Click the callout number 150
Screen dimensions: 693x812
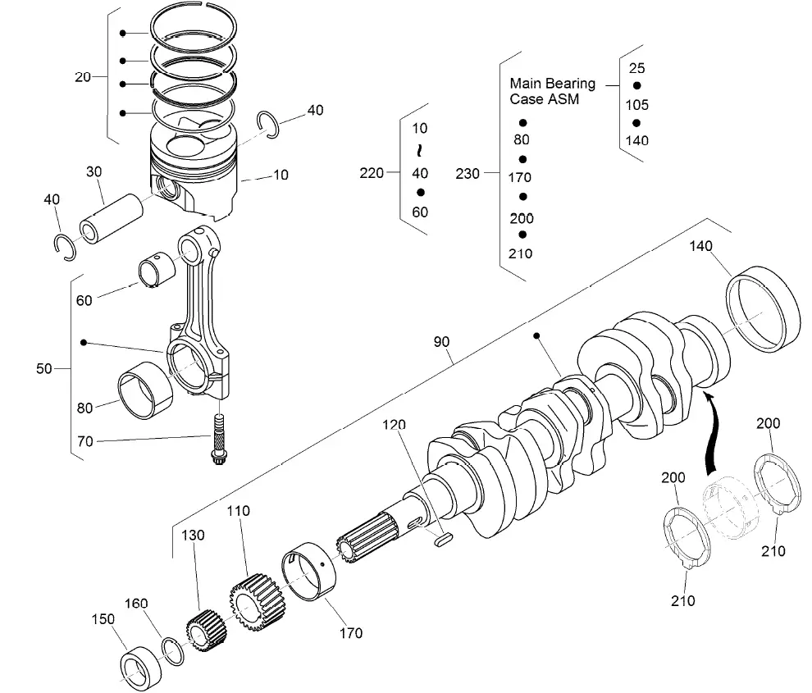(103, 618)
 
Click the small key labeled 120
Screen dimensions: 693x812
(443, 539)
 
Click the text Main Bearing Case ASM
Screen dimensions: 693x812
(551, 91)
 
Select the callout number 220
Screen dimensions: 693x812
(371, 173)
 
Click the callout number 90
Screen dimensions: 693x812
(442, 340)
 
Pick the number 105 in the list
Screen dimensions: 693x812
(636, 104)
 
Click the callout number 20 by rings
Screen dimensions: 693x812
(83, 77)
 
